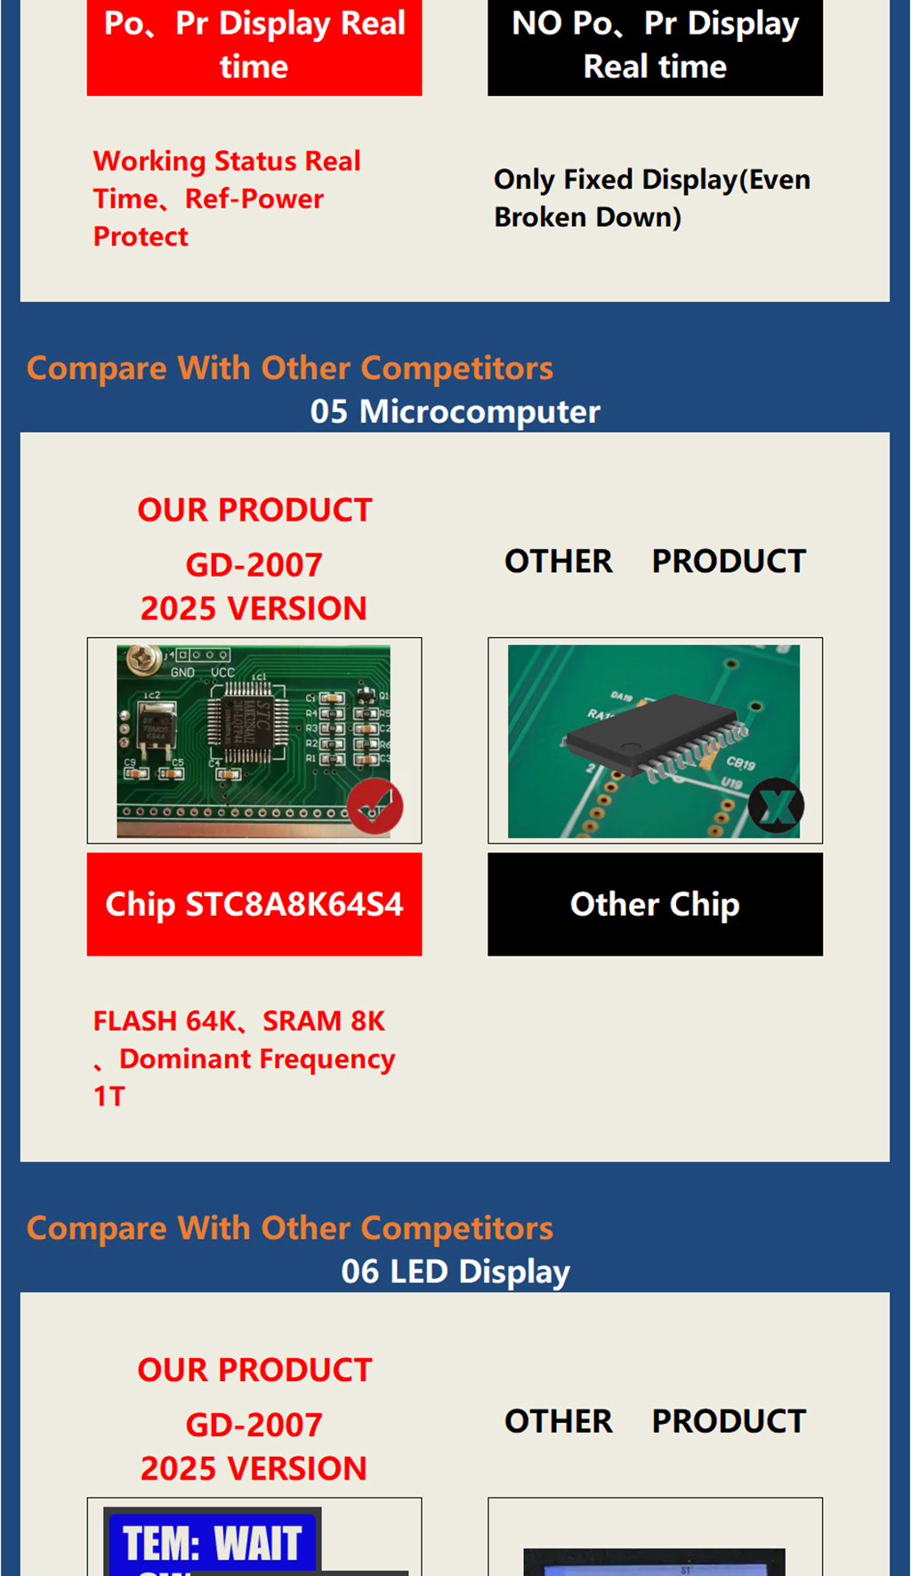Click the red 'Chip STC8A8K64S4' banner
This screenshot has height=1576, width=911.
[254, 904]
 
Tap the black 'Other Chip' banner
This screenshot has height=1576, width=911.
[655, 904]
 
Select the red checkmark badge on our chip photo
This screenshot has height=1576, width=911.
[375, 806]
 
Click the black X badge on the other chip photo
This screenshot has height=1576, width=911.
[776, 806]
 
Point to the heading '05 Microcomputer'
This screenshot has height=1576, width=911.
[455, 411]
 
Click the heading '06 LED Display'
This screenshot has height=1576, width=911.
[455, 1272]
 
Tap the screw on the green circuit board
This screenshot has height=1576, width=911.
[141, 659]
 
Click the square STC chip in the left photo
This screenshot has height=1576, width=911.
[247, 724]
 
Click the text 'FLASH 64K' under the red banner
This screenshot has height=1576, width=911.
[165, 1021]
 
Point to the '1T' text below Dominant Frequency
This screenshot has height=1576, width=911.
[109, 1096]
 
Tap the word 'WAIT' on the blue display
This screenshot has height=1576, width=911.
[258, 1543]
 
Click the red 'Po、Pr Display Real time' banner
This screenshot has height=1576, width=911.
[254, 45]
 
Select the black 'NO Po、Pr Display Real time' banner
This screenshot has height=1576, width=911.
[655, 45]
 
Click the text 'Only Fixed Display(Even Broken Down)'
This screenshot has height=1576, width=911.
[652, 198]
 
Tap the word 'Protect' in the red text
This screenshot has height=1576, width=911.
[141, 237]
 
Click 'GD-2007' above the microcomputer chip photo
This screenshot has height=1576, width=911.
[254, 564]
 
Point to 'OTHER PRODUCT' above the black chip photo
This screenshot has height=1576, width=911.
[655, 562]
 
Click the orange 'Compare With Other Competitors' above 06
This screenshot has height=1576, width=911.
[290, 1228]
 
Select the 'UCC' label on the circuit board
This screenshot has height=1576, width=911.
[222, 673]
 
